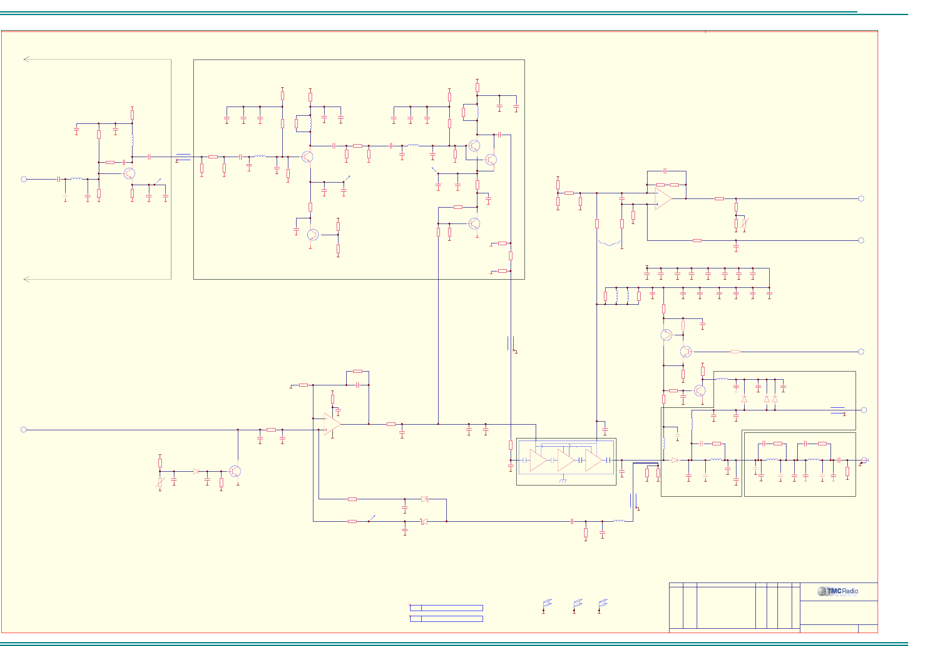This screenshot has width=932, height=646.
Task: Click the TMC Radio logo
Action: point(837,591)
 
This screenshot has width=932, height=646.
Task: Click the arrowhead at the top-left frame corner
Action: point(26,60)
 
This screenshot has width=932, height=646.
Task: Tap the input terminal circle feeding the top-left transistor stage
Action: point(24,179)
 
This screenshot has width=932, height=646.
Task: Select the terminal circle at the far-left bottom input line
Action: point(24,429)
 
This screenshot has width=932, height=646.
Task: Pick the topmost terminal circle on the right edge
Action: point(861,199)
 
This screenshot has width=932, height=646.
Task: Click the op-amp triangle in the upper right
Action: point(663,199)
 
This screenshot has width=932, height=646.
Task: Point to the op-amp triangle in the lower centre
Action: point(332,424)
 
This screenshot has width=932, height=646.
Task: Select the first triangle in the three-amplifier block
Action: point(538,460)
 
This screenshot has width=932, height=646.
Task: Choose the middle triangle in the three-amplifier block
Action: point(566,460)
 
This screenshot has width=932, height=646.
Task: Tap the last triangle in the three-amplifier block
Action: point(594,460)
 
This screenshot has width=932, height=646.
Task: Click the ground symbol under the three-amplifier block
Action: point(562,480)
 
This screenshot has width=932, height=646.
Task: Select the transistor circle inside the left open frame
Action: point(129,173)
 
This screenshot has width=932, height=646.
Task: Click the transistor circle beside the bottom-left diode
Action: point(235,471)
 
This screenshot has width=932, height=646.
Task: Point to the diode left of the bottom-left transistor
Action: point(196,471)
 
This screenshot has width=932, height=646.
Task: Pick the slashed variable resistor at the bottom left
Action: point(160,482)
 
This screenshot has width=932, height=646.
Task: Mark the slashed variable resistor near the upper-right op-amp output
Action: point(744,224)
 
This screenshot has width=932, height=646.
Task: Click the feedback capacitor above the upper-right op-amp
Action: point(665,171)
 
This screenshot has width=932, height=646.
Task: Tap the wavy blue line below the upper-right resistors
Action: point(610,243)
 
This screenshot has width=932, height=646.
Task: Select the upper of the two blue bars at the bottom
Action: point(446,608)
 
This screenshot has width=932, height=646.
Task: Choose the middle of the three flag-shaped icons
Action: point(578,603)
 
